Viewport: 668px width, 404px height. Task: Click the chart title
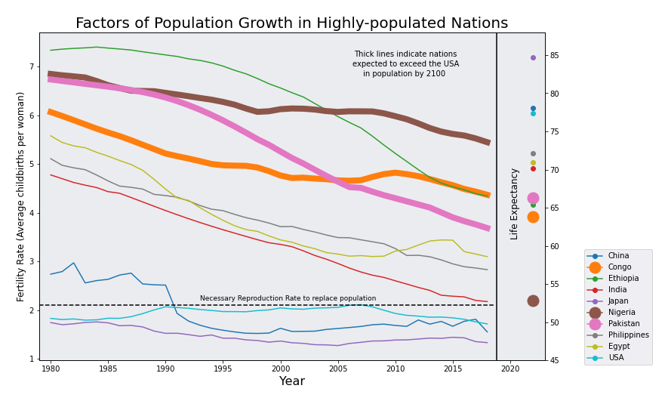click(x=291, y=23)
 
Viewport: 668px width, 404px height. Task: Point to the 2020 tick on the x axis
click(x=510, y=369)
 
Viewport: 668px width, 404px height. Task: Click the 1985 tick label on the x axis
click(x=108, y=369)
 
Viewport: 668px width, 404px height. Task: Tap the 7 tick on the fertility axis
click(x=31, y=67)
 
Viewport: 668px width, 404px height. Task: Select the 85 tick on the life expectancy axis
click(x=555, y=56)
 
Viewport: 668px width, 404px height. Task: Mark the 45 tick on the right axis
click(x=555, y=361)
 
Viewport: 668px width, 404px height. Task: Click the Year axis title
click(x=291, y=382)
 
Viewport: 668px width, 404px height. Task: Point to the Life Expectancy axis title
click(x=515, y=204)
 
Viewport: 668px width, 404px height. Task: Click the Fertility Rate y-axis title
click(x=20, y=196)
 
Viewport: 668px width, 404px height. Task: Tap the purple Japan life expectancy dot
click(x=533, y=57)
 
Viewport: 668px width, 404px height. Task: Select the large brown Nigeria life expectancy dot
click(x=533, y=301)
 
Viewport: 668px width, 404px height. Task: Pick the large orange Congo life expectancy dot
click(x=533, y=217)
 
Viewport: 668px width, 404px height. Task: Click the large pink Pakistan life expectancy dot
click(x=533, y=198)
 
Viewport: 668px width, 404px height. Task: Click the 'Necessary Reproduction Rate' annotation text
click(x=288, y=299)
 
